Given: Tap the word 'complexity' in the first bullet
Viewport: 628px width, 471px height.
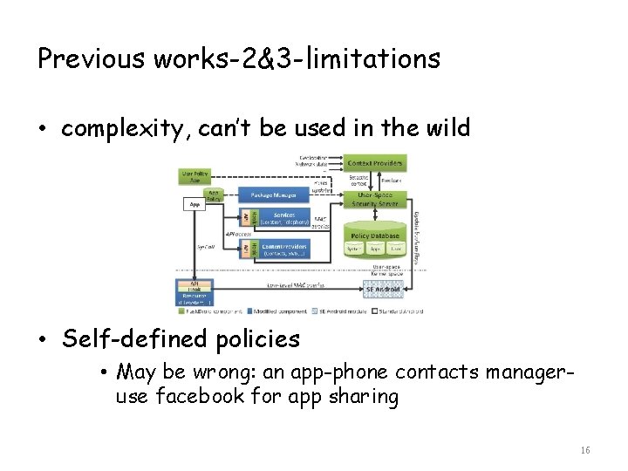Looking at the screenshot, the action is tap(122, 129).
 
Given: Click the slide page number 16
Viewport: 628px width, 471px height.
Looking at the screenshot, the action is tap(584, 450).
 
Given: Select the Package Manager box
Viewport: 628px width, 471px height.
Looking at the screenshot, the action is tap(273, 195).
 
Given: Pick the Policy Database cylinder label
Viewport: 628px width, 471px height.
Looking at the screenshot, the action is tap(375, 235).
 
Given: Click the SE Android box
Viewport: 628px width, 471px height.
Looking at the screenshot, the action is tap(382, 289).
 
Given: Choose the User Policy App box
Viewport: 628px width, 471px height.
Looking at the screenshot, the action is tap(194, 175).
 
